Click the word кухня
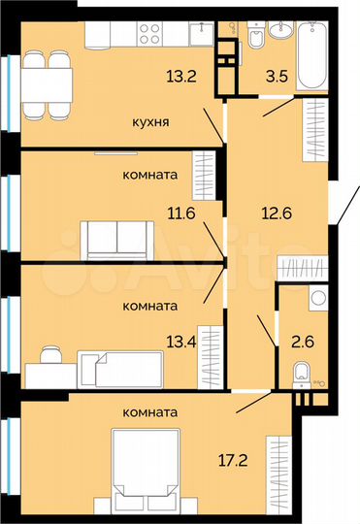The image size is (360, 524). point(153,122)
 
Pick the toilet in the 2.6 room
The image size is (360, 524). point(302,371)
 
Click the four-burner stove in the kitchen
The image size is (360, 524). point(149,35)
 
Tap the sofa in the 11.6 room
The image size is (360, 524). point(115,238)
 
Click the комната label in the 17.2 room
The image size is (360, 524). point(150,412)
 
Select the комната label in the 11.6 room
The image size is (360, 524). point(149,176)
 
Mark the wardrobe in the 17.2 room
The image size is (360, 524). point(279,469)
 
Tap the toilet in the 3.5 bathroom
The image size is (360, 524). point(255,36)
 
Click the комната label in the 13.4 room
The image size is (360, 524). point(149,306)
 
